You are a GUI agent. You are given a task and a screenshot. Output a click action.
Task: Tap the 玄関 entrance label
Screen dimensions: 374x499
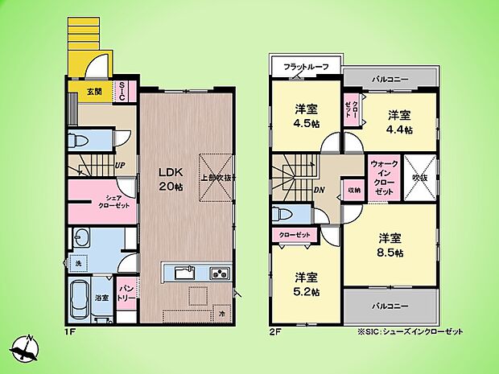pyautogui.click(x=95, y=92)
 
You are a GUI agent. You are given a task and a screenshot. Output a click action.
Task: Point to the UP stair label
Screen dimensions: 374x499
pyautogui.click(x=120, y=166)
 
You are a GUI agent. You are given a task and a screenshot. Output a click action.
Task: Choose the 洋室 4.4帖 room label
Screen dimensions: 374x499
pyautogui.click(x=398, y=121)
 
